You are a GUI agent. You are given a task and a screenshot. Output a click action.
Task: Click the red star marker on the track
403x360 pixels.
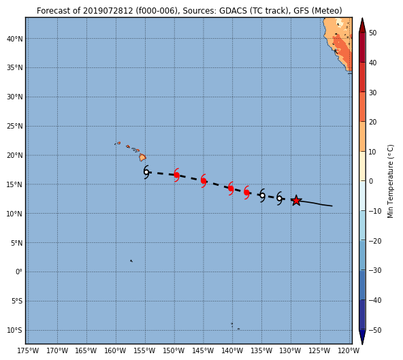[296, 201]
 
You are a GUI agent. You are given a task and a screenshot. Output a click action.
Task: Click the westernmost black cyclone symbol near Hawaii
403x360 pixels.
[146, 172]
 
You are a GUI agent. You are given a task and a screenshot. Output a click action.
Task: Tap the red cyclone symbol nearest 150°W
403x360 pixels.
[176, 175]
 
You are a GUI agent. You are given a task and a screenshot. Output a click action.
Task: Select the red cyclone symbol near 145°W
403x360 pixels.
[204, 180]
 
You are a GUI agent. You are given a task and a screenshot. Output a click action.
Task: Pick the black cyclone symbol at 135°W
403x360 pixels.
[262, 195]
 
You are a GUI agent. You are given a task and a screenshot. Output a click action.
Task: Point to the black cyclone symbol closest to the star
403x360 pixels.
[279, 198]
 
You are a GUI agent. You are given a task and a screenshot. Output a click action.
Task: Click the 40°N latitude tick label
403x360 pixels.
[15, 39]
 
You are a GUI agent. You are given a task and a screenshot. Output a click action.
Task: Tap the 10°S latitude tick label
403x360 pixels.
[15, 330]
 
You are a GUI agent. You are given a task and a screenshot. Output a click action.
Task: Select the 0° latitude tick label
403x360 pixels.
[19, 272]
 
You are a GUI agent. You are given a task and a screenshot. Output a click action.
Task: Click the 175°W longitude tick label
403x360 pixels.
[28, 350]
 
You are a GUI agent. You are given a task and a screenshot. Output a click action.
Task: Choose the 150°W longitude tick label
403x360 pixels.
[174, 350]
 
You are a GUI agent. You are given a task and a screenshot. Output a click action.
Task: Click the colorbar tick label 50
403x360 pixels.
[372, 33]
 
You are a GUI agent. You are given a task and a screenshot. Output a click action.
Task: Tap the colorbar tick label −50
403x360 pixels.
[375, 330]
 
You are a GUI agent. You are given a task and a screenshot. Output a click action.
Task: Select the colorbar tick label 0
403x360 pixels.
[371, 181]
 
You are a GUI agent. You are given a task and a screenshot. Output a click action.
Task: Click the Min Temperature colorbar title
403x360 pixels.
[390, 181]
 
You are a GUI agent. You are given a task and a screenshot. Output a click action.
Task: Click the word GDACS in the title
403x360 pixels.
[233, 11]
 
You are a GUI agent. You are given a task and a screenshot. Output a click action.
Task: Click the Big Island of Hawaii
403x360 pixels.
[143, 157]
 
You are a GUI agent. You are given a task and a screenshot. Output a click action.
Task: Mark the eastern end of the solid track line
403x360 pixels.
[332, 206]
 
